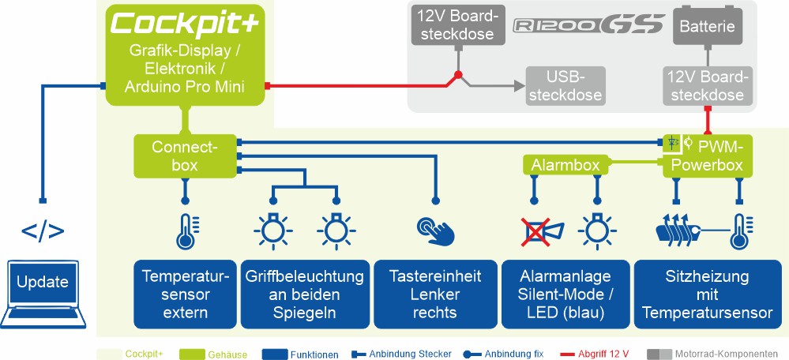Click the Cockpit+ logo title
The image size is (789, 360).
tap(185, 24)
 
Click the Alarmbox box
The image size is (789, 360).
tap(565, 165)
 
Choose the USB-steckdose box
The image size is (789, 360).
tap(565, 85)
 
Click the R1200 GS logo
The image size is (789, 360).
tap(577, 25)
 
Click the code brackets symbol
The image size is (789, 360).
tap(43, 232)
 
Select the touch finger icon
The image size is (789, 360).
tap(436, 230)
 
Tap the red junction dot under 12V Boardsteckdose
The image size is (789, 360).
tap(456, 77)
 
